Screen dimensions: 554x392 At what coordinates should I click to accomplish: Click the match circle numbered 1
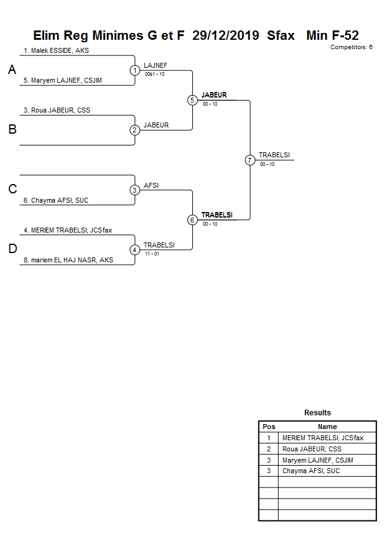pyautogui.click(x=135, y=70)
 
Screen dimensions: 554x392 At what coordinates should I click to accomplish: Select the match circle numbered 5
pyautogui.click(x=192, y=100)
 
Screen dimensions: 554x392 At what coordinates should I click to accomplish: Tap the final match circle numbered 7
pyautogui.click(x=250, y=160)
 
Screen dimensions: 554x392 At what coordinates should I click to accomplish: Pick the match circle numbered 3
pyautogui.click(x=135, y=190)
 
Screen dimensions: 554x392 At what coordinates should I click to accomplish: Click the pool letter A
pyautogui.click(x=12, y=70)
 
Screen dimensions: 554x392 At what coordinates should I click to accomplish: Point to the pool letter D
pyautogui.click(x=12, y=249)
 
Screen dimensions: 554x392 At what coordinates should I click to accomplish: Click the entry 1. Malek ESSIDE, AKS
pyautogui.click(x=56, y=51)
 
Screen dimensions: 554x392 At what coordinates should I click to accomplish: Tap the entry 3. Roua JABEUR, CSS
pyautogui.click(x=57, y=111)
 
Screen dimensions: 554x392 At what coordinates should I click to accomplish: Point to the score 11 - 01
pyautogui.click(x=151, y=254)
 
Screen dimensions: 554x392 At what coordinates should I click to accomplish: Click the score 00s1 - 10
pyautogui.click(x=154, y=75)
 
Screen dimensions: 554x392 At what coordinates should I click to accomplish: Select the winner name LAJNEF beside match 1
pyautogui.click(x=155, y=65)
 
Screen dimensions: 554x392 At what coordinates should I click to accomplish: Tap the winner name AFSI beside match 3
pyautogui.click(x=151, y=185)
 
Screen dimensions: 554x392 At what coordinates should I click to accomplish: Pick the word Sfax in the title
pyautogui.click(x=281, y=35)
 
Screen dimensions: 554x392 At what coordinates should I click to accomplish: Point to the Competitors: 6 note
pyautogui.click(x=351, y=47)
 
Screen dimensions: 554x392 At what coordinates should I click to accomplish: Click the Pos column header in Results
pyautogui.click(x=269, y=427)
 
